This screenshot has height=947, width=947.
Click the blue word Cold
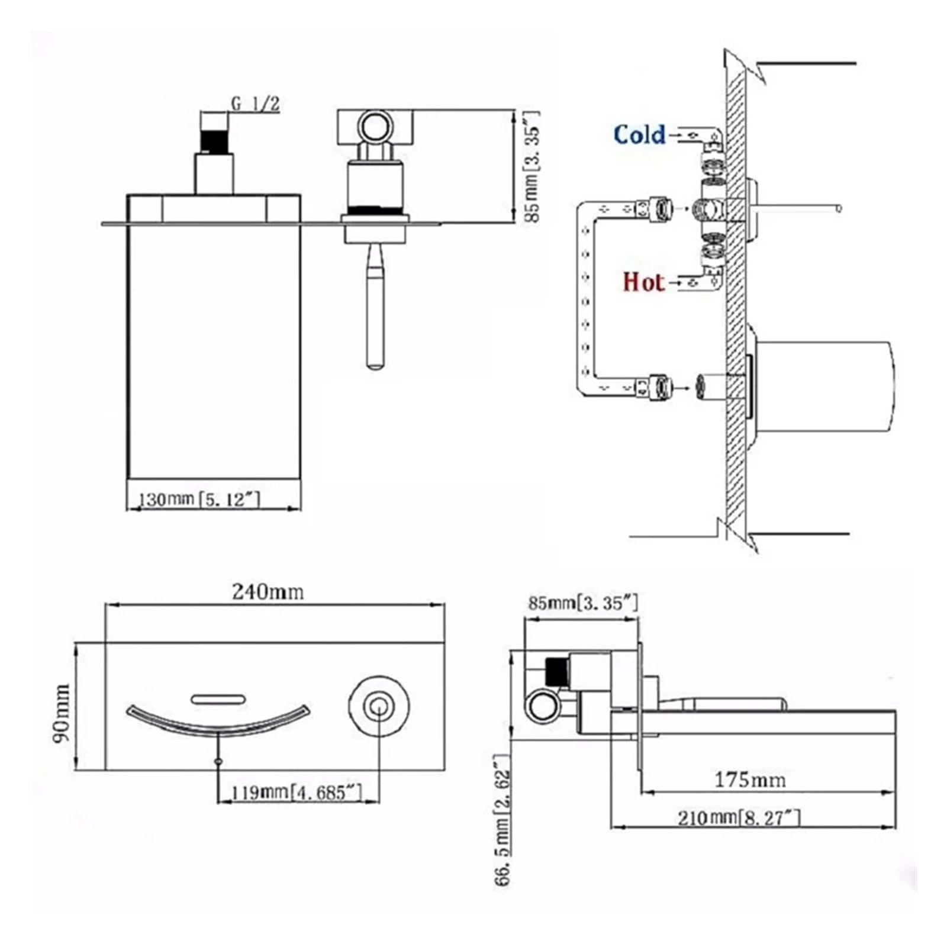(639, 134)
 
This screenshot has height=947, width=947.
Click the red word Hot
(643, 282)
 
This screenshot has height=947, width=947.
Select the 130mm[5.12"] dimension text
(199, 499)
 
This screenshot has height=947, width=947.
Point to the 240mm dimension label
(268, 591)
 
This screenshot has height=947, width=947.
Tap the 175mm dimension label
(750, 779)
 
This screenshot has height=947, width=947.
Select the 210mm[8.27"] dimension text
(739, 818)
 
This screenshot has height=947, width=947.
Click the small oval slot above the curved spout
(218, 698)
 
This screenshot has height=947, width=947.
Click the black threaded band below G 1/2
(214, 142)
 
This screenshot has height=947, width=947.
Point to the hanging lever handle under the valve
(375, 305)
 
